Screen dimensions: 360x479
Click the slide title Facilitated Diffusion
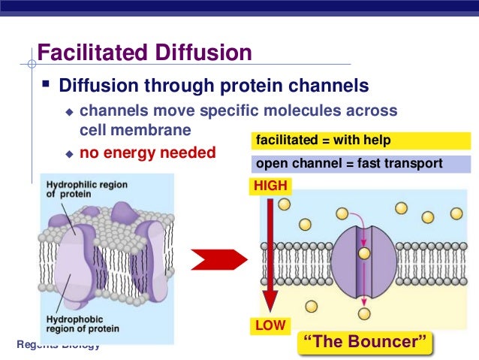point(144,54)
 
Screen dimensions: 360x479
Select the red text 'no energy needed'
point(147,153)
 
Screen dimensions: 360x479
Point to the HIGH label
point(271,183)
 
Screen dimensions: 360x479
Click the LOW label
point(270,326)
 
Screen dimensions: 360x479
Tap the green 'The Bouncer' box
point(366,342)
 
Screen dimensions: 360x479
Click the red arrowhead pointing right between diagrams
point(218,260)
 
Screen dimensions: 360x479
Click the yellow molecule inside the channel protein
point(364,253)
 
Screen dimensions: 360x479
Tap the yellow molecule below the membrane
point(364,313)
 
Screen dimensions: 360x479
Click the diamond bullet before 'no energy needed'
point(68,153)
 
